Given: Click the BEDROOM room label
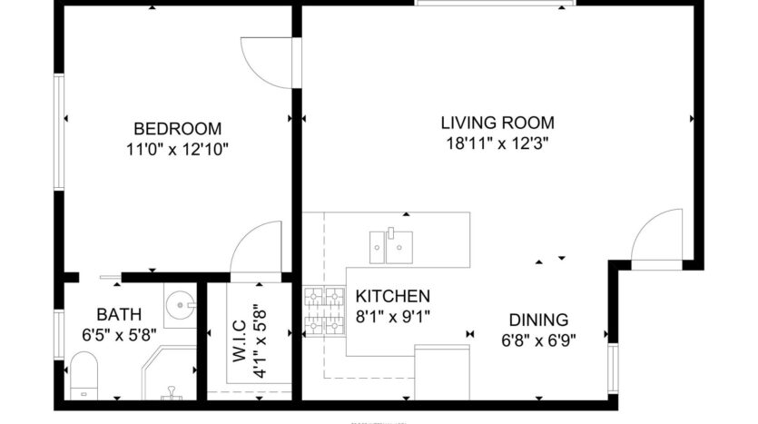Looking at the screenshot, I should tap(177, 128).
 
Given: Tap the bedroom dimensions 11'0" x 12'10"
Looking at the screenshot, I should tap(177, 148).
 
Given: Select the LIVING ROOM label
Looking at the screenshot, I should tap(497, 123).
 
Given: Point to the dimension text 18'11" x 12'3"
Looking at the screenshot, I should tap(497, 143).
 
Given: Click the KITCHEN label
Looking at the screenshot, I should tap(392, 296).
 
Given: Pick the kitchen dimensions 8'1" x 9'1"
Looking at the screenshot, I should tap(392, 316).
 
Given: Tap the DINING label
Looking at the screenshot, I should tap(537, 320).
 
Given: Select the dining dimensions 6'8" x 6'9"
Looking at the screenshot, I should tap(537, 340).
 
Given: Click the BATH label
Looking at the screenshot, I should tap(119, 314).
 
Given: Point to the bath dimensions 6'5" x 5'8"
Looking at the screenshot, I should tap(119, 334).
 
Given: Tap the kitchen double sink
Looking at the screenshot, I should tap(390, 244).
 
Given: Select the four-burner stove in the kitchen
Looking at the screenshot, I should tap(324, 310).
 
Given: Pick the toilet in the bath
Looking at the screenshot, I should tap(84, 374).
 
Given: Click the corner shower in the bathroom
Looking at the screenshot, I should tap(169, 372).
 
